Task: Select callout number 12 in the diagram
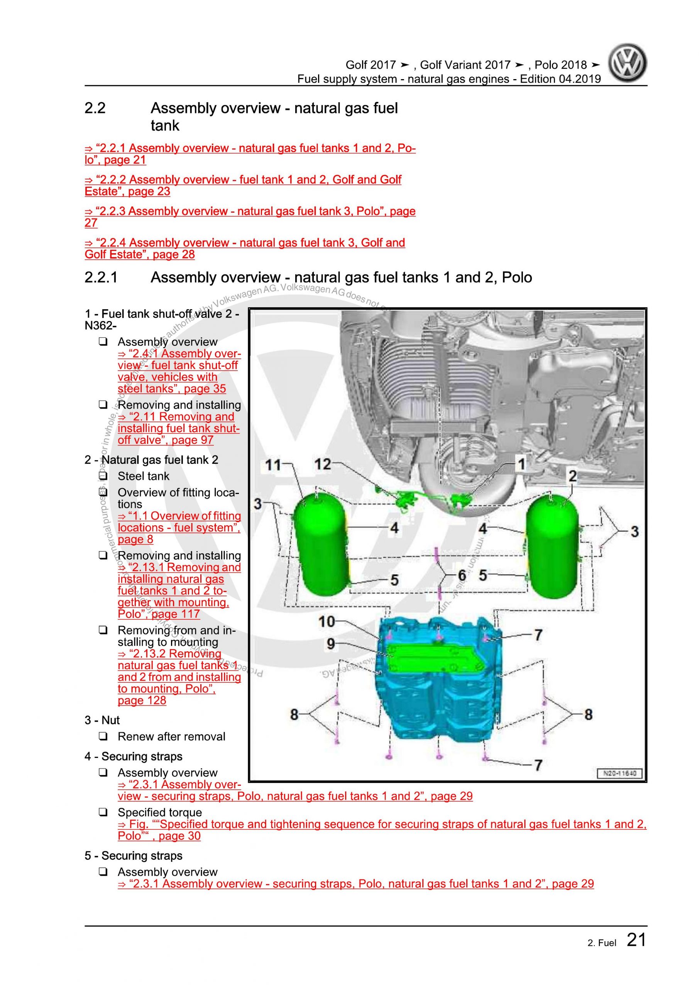pos(322,464)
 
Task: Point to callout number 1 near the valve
pos(521,464)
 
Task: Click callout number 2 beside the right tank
pos(572,475)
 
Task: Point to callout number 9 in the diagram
pos(330,644)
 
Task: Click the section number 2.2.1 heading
pos(101,277)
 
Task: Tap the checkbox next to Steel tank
pos(103,476)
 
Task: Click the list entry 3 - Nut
pos(102,720)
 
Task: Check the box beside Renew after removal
pos(103,737)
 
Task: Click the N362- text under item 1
pos(100,326)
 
